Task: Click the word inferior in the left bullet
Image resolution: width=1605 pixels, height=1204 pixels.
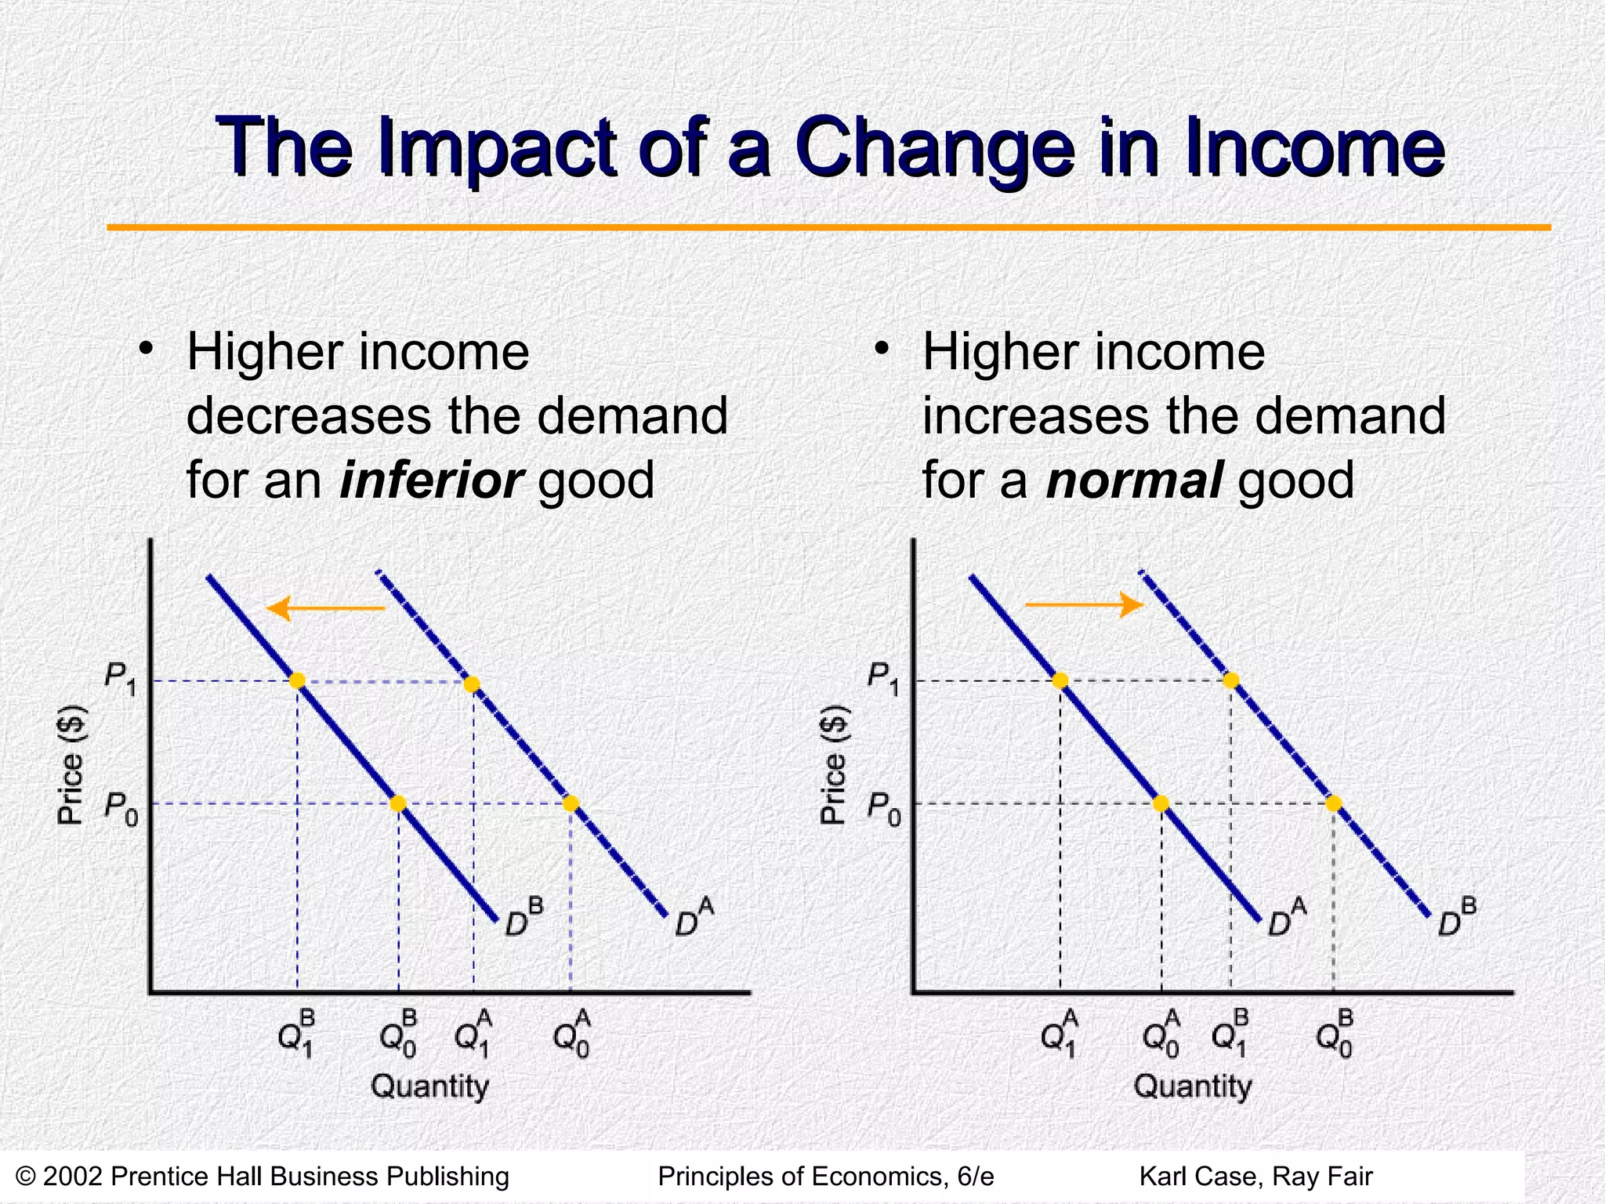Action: pyautogui.click(x=431, y=480)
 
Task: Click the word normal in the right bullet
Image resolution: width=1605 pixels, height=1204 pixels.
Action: pyautogui.click(x=1134, y=480)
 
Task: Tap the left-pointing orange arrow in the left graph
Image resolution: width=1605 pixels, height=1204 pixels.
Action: pyautogui.click(x=325, y=608)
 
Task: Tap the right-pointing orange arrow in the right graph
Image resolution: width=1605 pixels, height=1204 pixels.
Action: pyautogui.click(x=1085, y=604)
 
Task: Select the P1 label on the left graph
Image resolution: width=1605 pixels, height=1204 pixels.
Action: pyautogui.click(x=121, y=679)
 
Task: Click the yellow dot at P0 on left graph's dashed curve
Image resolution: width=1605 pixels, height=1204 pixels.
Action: pyautogui.click(x=571, y=803)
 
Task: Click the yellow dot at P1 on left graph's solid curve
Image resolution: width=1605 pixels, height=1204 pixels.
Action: pyautogui.click(x=297, y=680)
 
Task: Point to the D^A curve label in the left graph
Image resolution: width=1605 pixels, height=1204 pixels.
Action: pyautogui.click(x=694, y=919)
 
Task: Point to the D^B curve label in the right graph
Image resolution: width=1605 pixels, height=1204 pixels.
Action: pyautogui.click(x=1457, y=919)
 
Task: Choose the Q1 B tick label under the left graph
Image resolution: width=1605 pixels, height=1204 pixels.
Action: pyautogui.click(x=297, y=1035)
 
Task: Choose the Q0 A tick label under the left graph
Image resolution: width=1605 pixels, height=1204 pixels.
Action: pyautogui.click(x=571, y=1035)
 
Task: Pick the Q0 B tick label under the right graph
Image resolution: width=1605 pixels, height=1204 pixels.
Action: pyautogui.click(x=1334, y=1035)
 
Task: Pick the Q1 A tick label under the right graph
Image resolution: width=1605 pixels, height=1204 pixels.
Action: pyautogui.click(x=1060, y=1035)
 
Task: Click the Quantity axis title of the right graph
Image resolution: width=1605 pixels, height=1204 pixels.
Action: pyautogui.click(x=1193, y=1086)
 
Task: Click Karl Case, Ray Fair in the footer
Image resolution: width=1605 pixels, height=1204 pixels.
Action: pyautogui.click(x=1255, y=1177)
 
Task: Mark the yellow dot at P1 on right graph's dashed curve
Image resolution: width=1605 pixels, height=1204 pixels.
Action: pyautogui.click(x=1231, y=680)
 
